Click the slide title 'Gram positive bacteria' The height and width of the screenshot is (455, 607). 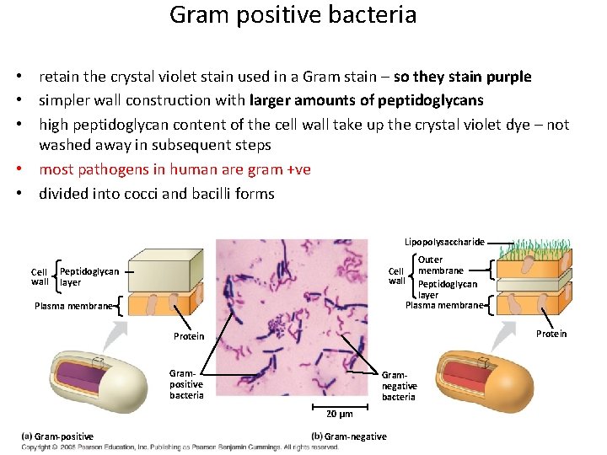293,15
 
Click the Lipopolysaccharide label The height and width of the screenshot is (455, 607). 443,241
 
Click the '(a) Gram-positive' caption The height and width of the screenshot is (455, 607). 57,436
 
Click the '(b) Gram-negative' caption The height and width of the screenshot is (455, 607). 349,436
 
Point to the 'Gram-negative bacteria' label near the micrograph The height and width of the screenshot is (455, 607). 399,386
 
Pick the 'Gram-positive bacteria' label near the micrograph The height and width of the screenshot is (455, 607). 186,383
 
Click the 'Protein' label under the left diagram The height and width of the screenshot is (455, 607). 189,336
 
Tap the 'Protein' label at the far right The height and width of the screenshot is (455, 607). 551,334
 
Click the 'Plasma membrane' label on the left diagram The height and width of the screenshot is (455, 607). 73,306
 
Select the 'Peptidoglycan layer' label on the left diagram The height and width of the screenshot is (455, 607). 89,277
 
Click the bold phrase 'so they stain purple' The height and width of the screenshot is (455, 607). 462,77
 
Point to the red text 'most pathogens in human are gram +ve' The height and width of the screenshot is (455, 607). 175,169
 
